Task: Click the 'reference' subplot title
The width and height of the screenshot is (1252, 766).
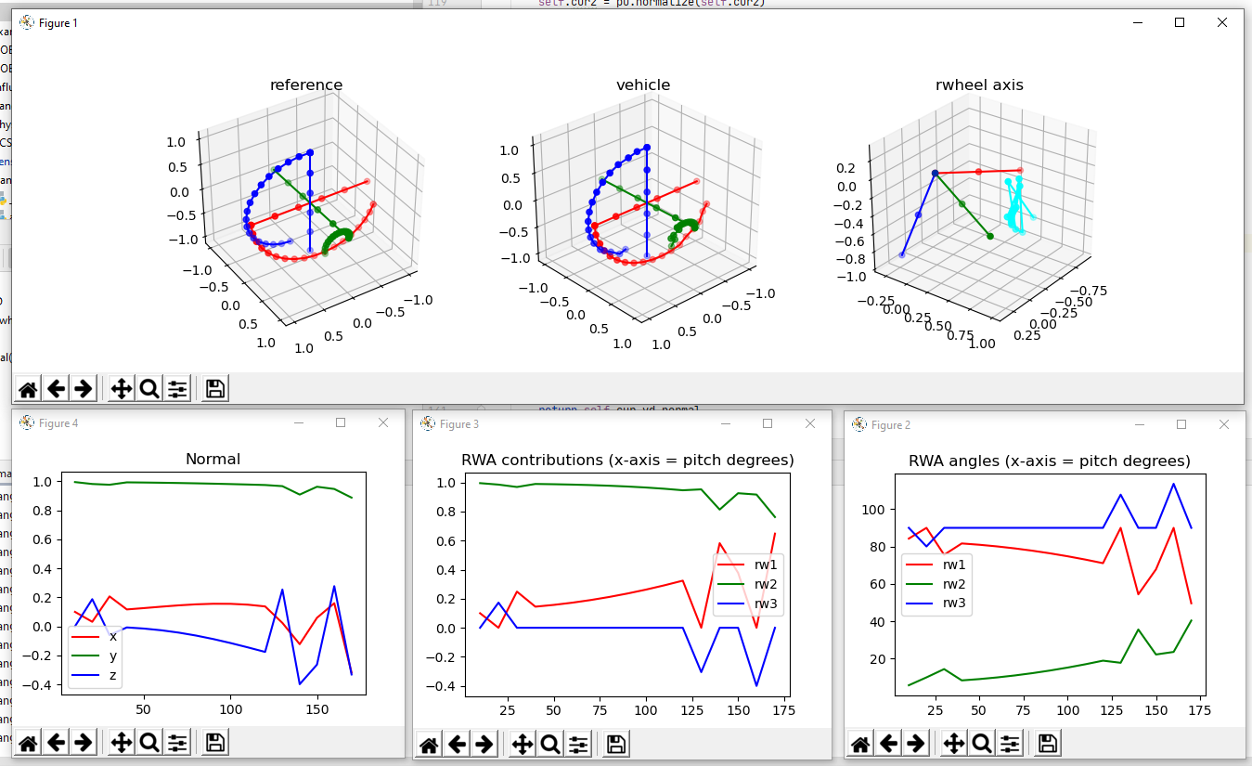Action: pyautogui.click(x=305, y=85)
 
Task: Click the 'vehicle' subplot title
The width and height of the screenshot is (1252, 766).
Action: pyautogui.click(x=642, y=85)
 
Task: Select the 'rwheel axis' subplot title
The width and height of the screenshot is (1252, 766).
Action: pyautogui.click(x=979, y=85)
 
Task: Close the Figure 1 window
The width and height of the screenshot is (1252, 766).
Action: pyautogui.click(x=1221, y=22)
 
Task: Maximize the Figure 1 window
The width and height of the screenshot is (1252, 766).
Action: pyautogui.click(x=1180, y=22)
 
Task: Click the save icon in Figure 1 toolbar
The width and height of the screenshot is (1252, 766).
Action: pyautogui.click(x=215, y=388)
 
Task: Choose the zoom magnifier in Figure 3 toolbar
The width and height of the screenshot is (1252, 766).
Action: pyautogui.click(x=550, y=744)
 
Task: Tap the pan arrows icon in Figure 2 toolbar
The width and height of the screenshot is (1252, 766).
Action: pyautogui.click(x=955, y=744)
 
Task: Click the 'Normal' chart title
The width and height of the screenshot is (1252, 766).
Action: pyautogui.click(x=213, y=459)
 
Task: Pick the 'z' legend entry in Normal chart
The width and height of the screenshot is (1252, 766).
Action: pyautogui.click(x=112, y=675)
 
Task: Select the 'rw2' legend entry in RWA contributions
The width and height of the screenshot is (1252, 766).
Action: pyautogui.click(x=765, y=584)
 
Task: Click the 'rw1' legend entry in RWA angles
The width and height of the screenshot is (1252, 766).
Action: pyautogui.click(x=954, y=564)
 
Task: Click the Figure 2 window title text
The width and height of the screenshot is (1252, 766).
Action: pyautogui.click(x=890, y=424)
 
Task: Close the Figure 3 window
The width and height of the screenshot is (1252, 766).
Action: pyautogui.click(x=809, y=423)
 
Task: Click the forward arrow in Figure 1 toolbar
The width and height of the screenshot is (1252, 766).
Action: pyautogui.click(x=83, y=388)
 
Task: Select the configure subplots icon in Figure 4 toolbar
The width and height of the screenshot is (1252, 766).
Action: pyautogui.click(x=177, y=743)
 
